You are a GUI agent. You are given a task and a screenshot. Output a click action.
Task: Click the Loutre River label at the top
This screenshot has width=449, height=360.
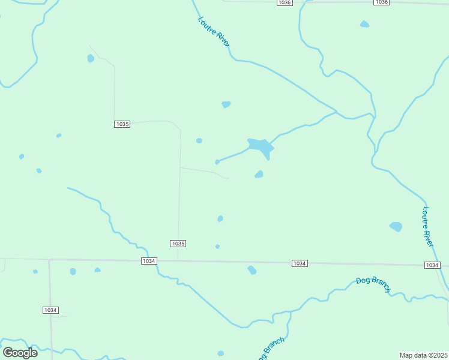[x=214, y=32]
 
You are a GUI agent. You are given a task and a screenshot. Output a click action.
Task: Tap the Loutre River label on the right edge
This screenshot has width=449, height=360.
[x=427, y=226]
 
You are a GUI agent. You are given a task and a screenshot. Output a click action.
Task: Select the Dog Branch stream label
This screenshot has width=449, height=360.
[x=373, y=284]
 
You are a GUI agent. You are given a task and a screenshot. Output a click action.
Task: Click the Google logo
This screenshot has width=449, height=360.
[x=20, y=352]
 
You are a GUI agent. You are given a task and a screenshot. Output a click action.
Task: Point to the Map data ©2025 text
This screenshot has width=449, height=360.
[x=424, y=355]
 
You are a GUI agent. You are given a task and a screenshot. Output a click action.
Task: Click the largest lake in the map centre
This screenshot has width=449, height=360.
[x=261, y=146]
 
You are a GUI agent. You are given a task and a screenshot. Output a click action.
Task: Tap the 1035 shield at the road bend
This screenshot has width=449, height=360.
[x=122, y=124]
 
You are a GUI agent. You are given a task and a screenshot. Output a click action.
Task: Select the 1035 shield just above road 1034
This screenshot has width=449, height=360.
[x=178, y=244]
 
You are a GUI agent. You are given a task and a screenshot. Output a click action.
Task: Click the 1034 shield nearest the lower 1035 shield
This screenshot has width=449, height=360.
[x=149, y=261]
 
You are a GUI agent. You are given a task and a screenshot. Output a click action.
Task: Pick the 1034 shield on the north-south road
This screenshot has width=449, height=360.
[x=50, y=310]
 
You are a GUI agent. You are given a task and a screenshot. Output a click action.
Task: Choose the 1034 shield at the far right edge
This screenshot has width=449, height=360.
[x=432, y=265]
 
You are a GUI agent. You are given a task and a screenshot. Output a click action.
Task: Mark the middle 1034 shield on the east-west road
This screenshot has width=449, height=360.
[x=300, y=263]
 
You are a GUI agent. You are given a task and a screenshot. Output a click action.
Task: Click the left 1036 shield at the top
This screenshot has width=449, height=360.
[x=285, y=3]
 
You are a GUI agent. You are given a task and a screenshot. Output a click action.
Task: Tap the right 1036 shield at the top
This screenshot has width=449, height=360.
[x=381, y=2]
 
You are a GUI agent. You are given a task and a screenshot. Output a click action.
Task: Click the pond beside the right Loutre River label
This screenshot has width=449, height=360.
[x=396, y=226]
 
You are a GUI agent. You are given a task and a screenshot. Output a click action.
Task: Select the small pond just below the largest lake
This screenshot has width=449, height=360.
[x=259, y=175]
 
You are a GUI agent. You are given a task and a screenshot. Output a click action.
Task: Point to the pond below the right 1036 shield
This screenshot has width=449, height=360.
[x=364, y=24]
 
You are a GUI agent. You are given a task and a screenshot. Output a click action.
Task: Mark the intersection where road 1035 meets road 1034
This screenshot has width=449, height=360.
[x=178, y=261]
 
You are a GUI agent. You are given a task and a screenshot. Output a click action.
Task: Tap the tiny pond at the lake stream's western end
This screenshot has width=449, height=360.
[x=217, y=162]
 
